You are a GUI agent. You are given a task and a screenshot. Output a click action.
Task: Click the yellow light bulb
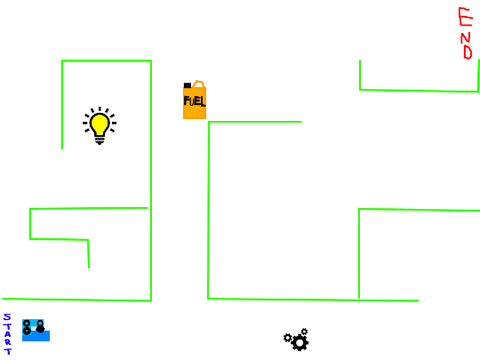coord(100,126)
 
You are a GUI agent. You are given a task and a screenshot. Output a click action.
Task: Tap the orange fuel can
coord(194,100)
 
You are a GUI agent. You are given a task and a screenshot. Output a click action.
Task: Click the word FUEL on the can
coord(194,101)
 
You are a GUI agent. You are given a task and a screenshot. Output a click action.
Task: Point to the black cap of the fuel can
coord(187,85)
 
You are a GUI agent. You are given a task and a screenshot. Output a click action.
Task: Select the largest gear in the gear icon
coord(300,342)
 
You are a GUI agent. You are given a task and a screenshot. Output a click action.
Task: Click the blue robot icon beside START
coord(36,330)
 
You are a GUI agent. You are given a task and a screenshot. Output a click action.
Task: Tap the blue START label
coord(7,334)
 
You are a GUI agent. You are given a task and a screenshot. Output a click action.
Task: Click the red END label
coord(466,33)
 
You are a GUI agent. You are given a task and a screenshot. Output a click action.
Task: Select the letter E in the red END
coord(466,17)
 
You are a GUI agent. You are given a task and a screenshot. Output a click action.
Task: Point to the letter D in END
coord(468,52)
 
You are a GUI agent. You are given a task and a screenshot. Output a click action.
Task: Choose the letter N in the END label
coord(466,37)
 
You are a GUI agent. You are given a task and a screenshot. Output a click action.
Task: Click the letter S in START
coord(7,317)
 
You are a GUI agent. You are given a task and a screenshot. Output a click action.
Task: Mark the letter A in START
coord(7,334)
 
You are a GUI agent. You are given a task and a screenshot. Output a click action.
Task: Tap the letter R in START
coord(7,342)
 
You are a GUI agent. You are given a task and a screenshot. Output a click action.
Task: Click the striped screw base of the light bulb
coord(100,139)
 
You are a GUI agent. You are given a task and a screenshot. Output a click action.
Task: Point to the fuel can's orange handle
coord(199,84)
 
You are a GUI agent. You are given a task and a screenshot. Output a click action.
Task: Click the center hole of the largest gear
coord(300,342)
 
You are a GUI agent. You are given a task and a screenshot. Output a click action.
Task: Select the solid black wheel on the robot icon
coord(40,329)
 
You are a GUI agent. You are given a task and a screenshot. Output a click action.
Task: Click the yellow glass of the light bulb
coord(100,123)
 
